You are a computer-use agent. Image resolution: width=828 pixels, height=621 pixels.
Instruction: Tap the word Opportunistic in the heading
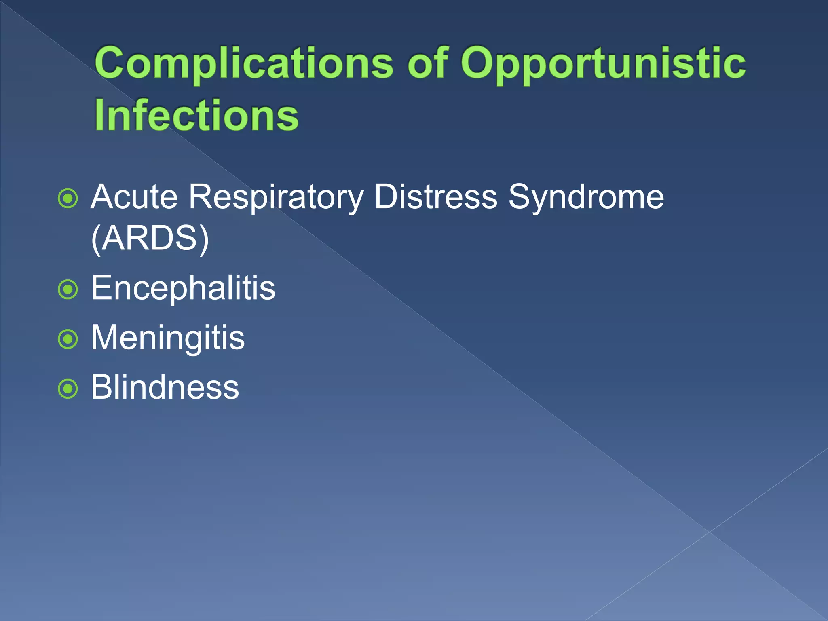point(603,63)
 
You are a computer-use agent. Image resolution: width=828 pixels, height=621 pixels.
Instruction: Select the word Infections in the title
point(196,116)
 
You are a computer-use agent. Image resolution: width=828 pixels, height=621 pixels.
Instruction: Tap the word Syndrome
point(586,197)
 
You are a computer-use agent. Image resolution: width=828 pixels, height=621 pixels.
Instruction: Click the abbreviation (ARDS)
point(150,239)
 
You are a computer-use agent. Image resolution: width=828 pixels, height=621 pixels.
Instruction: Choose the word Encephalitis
point(183,288)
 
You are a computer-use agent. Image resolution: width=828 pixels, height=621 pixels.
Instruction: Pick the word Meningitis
point(168,338)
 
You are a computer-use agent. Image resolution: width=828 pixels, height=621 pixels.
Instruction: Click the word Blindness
point(165,387)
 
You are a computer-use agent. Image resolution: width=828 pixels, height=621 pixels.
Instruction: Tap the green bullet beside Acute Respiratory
point(68,199)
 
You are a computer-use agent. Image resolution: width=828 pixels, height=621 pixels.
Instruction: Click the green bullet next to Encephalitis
point(68,289)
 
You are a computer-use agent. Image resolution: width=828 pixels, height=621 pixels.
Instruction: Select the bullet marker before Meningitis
point(68,339)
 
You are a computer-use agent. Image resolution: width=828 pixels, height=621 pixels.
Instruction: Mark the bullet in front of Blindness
point(68,389)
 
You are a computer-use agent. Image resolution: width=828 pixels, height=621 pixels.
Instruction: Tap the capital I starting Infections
point(99,116)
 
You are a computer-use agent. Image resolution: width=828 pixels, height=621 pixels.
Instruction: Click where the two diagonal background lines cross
point(710,532)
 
